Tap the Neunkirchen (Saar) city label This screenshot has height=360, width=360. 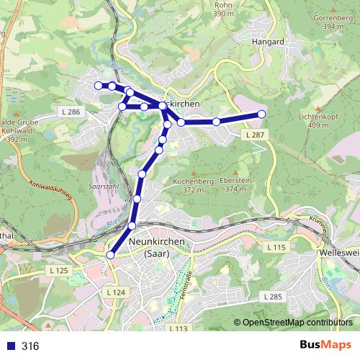click(x=157, y=248)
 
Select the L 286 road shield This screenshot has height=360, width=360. click(x=71, y=112)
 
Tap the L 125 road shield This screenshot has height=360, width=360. click(x=61, y=270)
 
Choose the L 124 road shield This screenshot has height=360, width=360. click(x=115, y=292)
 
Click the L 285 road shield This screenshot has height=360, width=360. click(x=271, y=296)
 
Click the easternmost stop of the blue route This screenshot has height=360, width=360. click(x=261, y=114)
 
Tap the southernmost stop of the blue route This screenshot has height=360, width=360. click(x=111, y=254)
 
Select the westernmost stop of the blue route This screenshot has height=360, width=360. click(x=99, y=86)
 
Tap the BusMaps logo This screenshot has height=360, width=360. click(x=325, y=346)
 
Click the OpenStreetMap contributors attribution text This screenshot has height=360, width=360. click(x=297, y=323)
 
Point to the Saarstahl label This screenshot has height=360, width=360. click(x=102, y=185)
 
